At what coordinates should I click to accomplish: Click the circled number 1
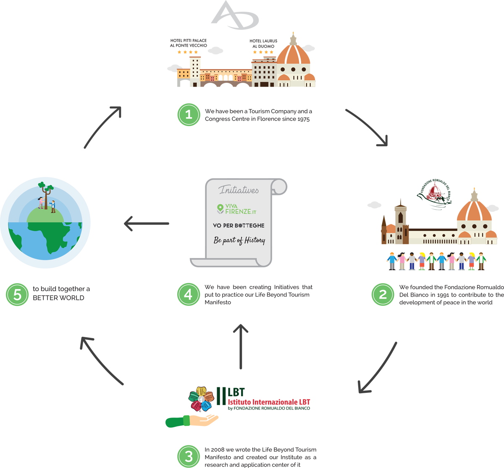(x=189, y=114)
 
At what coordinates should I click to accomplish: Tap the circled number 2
(x=383, y=294)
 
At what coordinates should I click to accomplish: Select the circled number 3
(x=189, y=456)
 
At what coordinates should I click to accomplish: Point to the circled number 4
(x=188, y=294)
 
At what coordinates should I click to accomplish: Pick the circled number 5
(x=17, y=294)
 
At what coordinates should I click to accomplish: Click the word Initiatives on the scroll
(x=239, y=190)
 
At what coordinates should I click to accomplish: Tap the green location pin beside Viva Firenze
(x=220, y=209)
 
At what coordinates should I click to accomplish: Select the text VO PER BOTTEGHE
(x=239, y=226)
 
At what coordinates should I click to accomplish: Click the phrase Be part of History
(x=239, y=240)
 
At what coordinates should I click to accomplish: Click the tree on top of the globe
(x=46, y=191)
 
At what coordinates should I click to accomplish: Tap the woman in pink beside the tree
(x=41, y=202)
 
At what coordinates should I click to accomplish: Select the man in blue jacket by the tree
(x=53, y=206)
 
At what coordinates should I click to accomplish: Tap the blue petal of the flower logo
(x=206, y=406)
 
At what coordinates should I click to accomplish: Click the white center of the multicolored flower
(x=201, y=399)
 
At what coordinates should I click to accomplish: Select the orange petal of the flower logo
(x=209, y=396)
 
